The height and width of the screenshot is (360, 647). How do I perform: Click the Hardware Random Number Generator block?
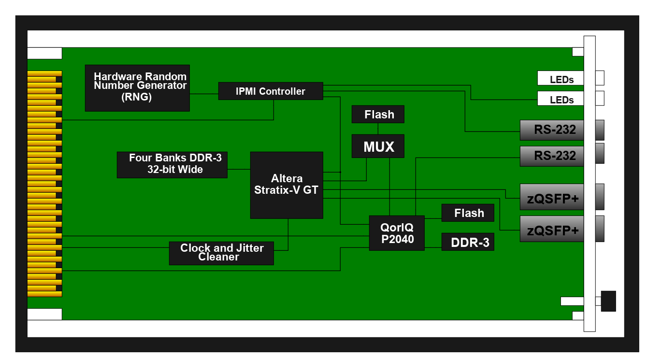137,88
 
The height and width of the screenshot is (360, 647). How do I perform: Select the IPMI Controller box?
271,91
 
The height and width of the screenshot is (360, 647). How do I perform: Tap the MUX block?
378,146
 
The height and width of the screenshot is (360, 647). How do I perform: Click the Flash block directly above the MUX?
378,115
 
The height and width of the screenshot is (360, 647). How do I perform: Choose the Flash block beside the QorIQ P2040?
468,213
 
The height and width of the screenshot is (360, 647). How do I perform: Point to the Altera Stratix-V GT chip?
287,185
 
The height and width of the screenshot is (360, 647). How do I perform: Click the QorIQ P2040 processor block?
397,233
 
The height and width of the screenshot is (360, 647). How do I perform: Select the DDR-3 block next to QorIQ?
468,242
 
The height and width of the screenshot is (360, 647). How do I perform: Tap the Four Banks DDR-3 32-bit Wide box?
172,165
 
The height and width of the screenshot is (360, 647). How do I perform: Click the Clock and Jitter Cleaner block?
221,253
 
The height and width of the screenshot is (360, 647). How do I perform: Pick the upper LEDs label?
561,79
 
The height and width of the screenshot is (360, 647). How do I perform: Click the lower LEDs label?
561,100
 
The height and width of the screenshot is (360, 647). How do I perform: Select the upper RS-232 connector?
552,130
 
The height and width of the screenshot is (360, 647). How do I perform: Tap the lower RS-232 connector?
552,156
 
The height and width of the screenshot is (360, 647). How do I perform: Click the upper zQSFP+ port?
552,197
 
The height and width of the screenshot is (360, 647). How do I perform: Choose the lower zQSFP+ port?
552,229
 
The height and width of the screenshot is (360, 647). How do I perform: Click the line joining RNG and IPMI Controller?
204,94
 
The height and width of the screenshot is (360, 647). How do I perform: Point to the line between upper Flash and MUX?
378,129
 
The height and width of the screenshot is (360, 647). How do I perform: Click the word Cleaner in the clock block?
219,257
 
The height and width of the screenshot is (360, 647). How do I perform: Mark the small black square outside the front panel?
608,301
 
